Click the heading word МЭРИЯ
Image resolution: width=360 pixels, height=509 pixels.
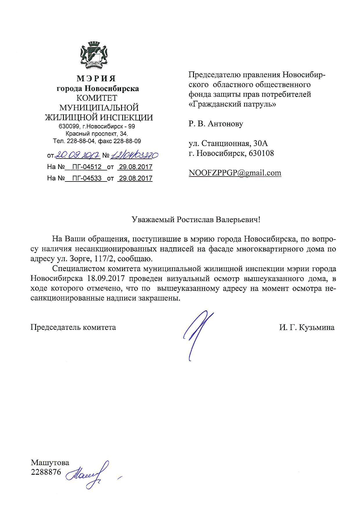[x=96, y=78]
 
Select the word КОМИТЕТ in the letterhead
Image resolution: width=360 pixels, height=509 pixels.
[x=96, y=98]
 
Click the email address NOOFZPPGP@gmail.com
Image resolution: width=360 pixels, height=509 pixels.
[x=235, y=173]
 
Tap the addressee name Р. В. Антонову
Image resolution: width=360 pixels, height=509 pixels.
[x=216, y=124]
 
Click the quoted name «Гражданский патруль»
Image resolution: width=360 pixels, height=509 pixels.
[x=232, y=104]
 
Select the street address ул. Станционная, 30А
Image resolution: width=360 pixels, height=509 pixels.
[x=228, y=143]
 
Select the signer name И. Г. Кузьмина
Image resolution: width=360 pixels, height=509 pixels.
[x=307, y=328]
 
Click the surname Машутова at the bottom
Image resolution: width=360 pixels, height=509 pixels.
[x=50, y=463]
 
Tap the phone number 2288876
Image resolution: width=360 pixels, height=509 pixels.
[x=46, y=472]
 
